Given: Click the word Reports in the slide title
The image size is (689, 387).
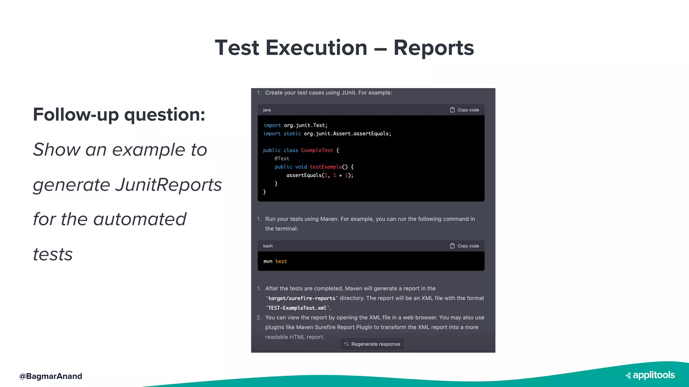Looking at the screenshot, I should [433, 48].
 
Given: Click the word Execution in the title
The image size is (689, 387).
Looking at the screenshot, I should [316, 48].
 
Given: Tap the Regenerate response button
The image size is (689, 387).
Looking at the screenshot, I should [372, 344].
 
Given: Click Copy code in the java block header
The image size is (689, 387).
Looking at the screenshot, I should [465, 110].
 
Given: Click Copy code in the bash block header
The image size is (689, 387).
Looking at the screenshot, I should [465, 246].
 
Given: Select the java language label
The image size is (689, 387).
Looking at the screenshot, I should [267, 110].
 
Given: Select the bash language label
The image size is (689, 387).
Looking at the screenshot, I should [268, 246].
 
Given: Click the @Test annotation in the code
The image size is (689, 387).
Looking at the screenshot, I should [282, 159].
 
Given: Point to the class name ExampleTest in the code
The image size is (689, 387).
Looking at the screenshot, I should [317, 150].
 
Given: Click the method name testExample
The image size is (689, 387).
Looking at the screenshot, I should [326, 167].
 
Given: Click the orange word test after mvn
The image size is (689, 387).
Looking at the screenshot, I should [281, 261].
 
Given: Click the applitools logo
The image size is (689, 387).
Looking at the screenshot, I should [650, 375].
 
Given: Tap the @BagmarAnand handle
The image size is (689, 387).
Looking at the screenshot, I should [51, 376].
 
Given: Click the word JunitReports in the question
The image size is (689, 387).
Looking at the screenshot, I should [169, 185].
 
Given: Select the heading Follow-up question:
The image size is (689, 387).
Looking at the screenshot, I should [119, 115].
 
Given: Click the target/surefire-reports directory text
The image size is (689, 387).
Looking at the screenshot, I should [301, 298].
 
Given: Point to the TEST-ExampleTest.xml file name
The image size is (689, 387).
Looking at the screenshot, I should [297, 308].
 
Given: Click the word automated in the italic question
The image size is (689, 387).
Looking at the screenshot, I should [140, 219].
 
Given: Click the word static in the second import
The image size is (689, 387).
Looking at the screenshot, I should [292, 134].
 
